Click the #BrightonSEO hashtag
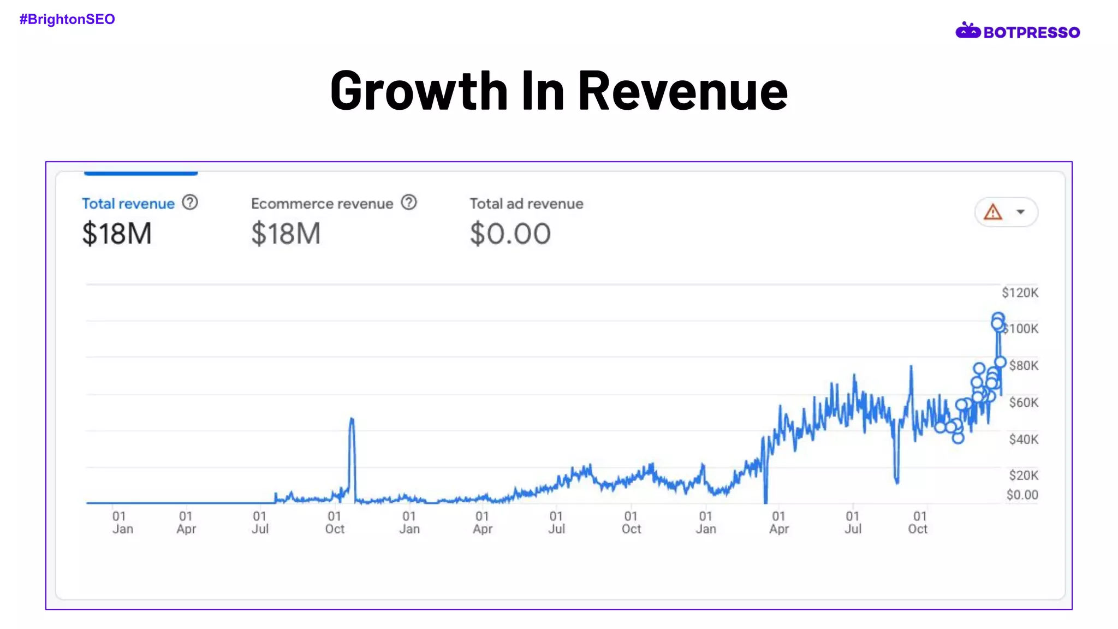[67, 19]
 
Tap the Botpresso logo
[1018, 32]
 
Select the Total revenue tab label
[128, 204]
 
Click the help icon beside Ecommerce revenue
[409, 203]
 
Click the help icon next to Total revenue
[190, 203]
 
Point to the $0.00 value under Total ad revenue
[510, 234]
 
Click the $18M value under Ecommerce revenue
[286, 234]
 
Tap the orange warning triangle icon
[992, 212]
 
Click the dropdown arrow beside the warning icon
[1020, 212]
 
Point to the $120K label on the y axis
[1020, 293]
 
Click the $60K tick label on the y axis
[1024, 402]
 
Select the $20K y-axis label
[1024, 475]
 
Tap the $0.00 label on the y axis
[1022, 495]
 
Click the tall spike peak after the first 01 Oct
[352, 419]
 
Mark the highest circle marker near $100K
[998, 318]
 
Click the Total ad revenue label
[526, 204]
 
